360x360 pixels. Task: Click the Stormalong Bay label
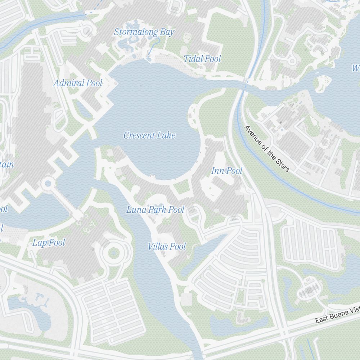point(144,32)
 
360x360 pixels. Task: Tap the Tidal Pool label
point(202,59)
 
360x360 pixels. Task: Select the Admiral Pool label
point(78,83)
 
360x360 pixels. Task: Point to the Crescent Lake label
point(149,135)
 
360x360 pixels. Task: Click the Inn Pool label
point(227,171)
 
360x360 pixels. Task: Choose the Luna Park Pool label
point(155,210)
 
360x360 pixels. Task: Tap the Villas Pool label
point(167,247)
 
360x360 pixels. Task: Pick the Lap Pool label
point(49,243)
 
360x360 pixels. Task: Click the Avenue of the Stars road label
point(266,148)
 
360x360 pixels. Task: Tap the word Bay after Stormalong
point(167,32)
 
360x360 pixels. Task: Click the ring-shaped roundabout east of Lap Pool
point(113,253)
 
